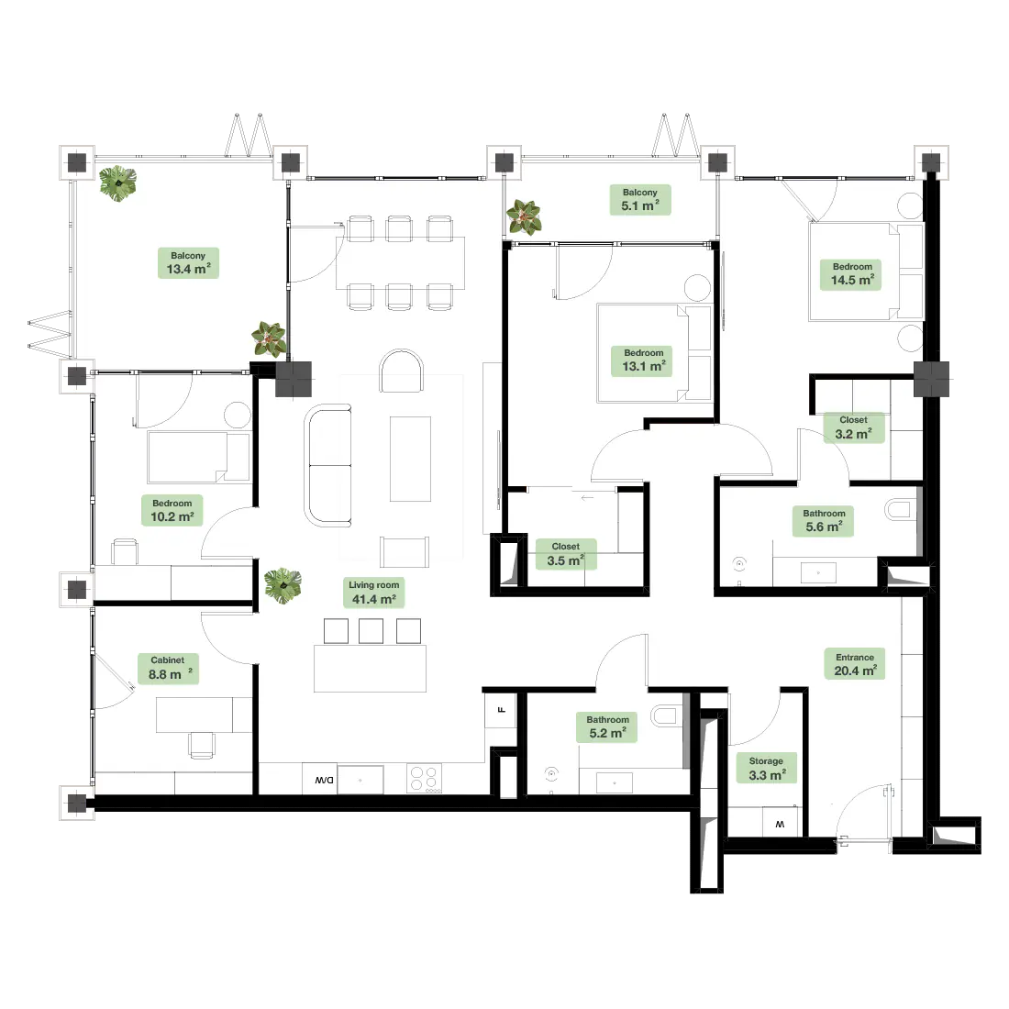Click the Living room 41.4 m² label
(374, 593)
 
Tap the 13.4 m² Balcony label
(189, 263)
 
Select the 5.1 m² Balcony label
(640, 199)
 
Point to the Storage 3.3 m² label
(767, 768)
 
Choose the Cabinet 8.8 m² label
(169, 669)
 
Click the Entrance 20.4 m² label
(855, 664)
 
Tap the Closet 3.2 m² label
(854, 427)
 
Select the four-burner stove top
(424, 779)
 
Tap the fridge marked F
(501, 710)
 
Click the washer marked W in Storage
(780, 822)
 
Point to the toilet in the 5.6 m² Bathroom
(900, 510)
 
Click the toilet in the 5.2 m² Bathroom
(667, 715)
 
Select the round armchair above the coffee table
(402, 371)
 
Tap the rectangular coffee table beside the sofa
(410, 459)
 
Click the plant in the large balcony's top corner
(117, 183)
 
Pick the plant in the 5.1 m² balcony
(524, 216)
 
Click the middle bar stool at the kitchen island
(371, 631)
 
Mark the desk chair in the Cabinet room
(202, 746)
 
